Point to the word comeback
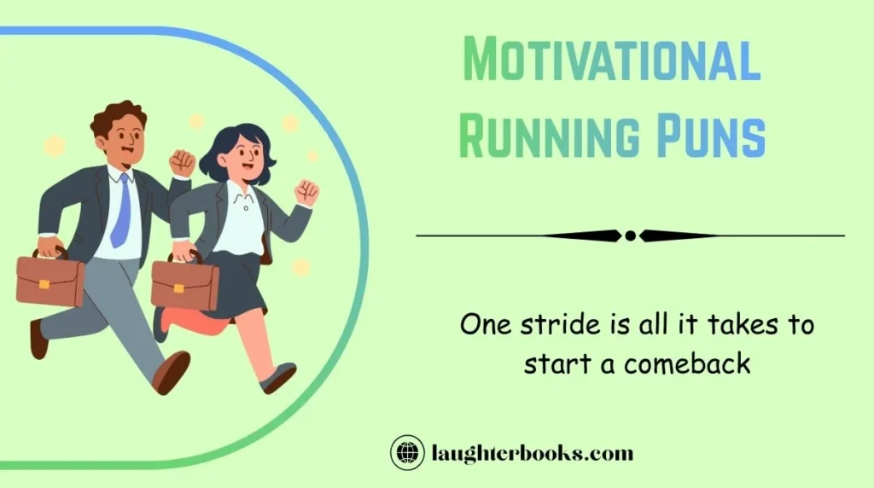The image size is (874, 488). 687,363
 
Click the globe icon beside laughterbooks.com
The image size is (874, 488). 407,453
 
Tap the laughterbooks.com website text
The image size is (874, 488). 532,453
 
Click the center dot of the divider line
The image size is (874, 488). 630,235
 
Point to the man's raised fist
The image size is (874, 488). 182,162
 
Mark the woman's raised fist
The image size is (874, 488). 306,193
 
